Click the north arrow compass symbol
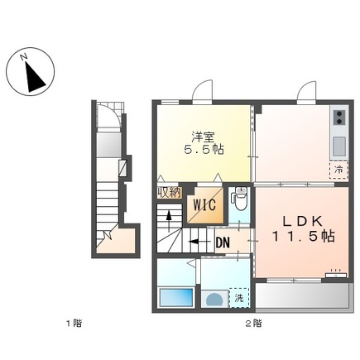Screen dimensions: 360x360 pos(31,71)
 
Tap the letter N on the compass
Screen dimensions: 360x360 pos(24,57)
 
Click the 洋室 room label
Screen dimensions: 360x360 pos(204,137)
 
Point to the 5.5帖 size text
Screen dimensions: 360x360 pos(204,150)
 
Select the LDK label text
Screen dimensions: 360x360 pos(303,221)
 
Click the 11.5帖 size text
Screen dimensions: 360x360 pos(304,236)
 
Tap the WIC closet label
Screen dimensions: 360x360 pos(204,205)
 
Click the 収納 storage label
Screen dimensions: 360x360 pos(169,193)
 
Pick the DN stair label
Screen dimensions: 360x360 pos(223,242)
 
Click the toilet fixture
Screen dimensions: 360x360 pos(239,199)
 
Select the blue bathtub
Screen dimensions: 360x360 pos(176,297)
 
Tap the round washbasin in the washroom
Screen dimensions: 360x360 pos(214,299)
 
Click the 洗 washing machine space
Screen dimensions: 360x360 pos(239,298)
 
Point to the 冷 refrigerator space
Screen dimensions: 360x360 pos(338,170)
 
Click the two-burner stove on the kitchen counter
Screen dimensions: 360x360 pos(339,118)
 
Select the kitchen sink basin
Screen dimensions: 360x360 pos(339,146)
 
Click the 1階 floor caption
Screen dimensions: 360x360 pos(74,323)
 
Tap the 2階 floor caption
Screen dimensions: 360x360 pos(254,323)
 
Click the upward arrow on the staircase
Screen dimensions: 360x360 pos(169,220)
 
